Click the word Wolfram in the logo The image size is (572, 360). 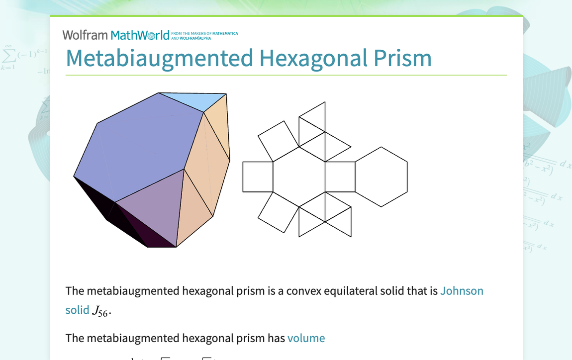[85, 35]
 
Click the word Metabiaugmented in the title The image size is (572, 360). [160, 58]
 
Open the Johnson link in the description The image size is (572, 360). [462, 291]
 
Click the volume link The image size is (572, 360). [306, 339]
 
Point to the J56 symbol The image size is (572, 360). [100, 311]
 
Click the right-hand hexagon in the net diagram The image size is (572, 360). [381, 177]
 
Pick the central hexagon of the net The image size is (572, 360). [299, 177]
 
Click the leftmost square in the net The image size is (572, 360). [258, 177]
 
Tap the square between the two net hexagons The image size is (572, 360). [340, 177]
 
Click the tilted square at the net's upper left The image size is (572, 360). [279, 141]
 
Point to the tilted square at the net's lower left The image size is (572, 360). [279, 212]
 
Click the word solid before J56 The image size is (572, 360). [77, 310]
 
